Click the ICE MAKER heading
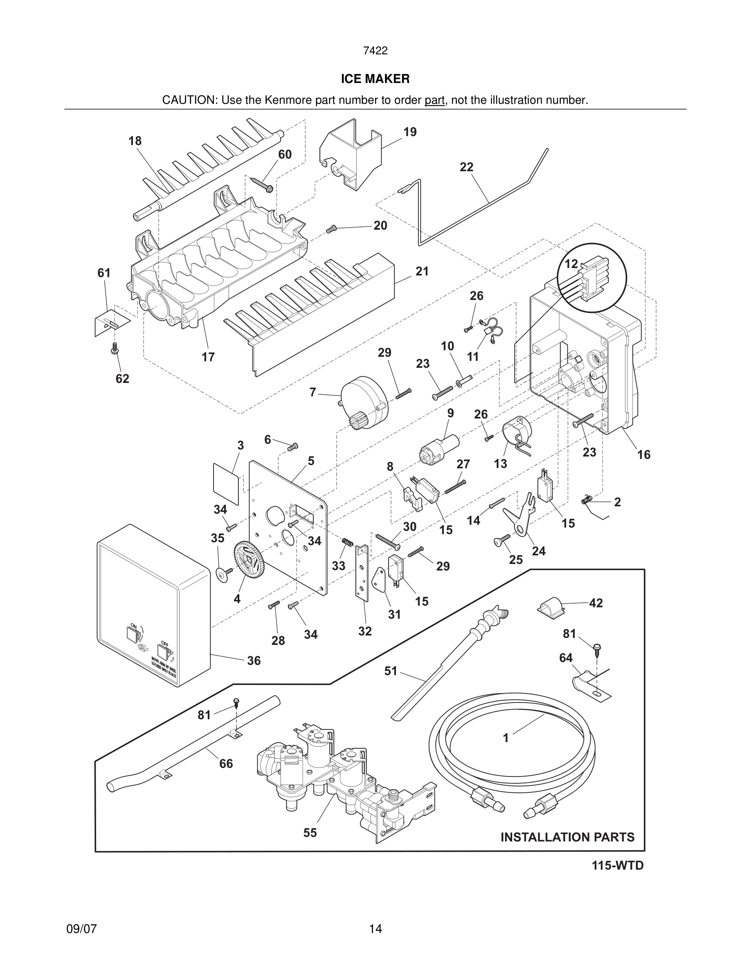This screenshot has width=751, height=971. tap(375, 79)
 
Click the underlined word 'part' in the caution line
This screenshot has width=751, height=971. tap(434, 101)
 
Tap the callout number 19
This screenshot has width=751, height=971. tap(410, 132)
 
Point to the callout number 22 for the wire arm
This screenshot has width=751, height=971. tap(466, 167)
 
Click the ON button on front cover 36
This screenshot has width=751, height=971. tap(132, 633)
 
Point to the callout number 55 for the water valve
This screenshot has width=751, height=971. tap(310, 833)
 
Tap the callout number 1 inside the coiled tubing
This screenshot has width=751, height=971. tap(506, 738)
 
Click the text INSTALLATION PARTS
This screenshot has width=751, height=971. tap(567, 837)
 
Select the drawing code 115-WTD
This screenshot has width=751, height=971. tap(617, 866)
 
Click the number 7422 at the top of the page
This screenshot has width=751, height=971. tap(375, 51)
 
